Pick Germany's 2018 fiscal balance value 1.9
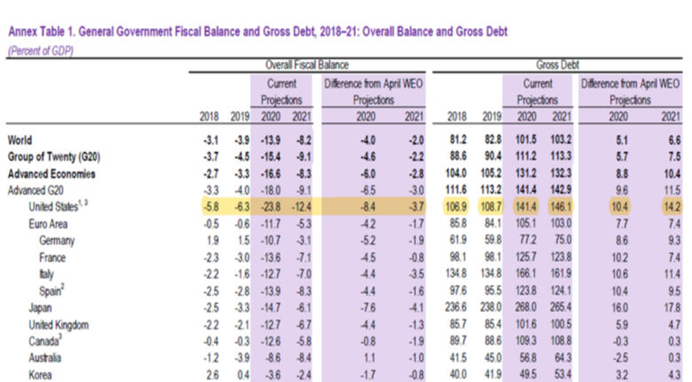(x=211, y=239)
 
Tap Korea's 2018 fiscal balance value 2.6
(x=211, y=375)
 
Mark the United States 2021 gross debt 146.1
(x=556, y=206)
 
